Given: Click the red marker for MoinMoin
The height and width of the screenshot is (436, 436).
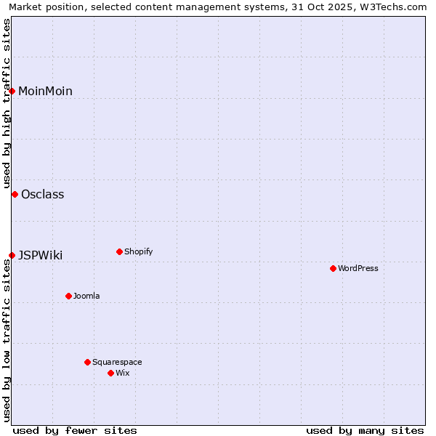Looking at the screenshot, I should [12, 91].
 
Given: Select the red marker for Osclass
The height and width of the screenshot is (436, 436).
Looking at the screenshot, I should [15, 194].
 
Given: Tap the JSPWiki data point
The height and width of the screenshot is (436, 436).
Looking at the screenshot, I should [12, 255].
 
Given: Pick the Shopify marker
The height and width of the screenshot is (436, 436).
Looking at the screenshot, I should [119, 251].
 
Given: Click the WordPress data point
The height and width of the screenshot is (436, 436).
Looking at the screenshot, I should [333, 268].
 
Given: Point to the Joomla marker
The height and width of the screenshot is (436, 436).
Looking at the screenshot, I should [68, 296].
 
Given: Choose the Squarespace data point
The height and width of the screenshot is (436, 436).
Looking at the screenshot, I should [87, 362].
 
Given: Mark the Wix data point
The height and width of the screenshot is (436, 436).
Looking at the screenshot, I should [110, 373].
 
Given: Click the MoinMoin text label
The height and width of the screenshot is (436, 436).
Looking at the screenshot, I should [45, 91].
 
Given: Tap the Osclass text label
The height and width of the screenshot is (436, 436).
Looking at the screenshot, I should [42, 194].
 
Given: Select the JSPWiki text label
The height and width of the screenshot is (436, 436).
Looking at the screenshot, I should [40, 255].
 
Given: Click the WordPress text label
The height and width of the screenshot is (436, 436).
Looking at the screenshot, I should [358, 268].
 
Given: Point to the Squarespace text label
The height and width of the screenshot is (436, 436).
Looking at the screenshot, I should [117, 362].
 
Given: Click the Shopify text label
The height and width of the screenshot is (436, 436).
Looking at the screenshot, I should [138, 251].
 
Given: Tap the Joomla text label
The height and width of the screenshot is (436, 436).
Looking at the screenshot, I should [86, 296].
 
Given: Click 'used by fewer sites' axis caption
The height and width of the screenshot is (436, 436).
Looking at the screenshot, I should [75, 430].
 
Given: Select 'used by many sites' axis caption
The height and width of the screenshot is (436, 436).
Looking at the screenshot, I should [365, 430].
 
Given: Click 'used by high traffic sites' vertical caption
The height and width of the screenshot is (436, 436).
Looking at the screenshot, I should [7, 103].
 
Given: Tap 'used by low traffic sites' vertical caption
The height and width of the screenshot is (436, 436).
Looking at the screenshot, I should [7, 341].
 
